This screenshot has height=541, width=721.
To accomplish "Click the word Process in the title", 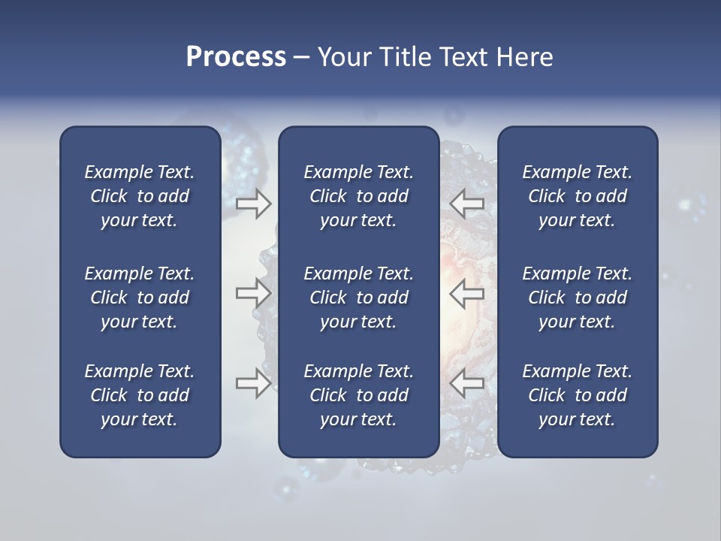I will pos(236,57).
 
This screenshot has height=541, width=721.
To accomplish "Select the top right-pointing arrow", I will pos(253,204).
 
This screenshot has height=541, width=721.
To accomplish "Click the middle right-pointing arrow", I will pos(253,293).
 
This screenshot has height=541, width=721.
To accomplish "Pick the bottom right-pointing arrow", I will pos(253,382).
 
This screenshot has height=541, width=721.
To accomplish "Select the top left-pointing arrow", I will pos(466,204).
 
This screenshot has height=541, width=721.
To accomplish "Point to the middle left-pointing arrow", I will pos(466,293).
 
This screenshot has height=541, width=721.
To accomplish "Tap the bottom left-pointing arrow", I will pos(466,382).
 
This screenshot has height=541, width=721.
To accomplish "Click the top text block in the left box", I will pos(140,196).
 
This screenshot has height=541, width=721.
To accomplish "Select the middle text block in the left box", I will pos(140,298).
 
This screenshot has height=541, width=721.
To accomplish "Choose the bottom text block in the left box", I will pos(140,395).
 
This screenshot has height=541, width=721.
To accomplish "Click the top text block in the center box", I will pos(358,196).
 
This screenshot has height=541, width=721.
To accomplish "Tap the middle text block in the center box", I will pos(358,298).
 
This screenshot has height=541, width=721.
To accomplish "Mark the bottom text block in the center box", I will pos(358,395).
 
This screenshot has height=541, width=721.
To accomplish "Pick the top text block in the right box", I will pos(577,196).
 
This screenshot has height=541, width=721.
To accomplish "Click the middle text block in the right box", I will pos(577,298).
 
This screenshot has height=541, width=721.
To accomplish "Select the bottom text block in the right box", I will pos(577,395).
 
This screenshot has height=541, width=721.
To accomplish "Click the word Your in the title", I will pos(342,57).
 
